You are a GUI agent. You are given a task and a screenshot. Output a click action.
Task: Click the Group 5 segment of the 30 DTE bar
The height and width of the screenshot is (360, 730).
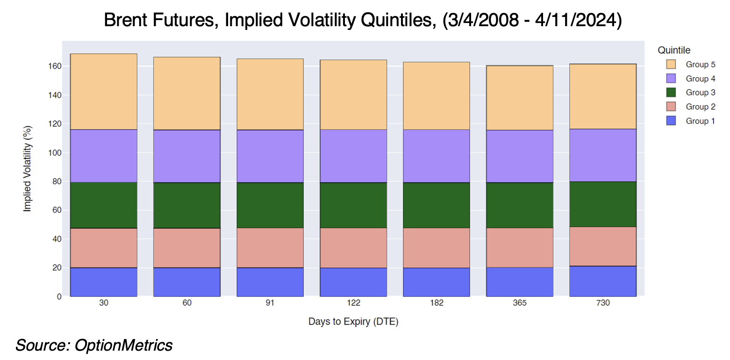click(103, 92)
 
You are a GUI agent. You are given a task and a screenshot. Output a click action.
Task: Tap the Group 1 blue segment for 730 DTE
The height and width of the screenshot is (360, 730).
click(603, 281)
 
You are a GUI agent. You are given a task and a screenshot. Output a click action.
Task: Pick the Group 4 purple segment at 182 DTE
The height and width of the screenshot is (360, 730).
click(436, 156)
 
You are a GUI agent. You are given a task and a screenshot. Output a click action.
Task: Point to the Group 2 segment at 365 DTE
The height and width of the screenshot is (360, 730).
click(520, 248)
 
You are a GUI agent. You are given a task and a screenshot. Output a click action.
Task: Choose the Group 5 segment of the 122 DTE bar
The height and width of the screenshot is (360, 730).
click(353, 94)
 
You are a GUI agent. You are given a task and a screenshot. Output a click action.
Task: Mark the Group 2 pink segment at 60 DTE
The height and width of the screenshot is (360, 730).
click(186, 248)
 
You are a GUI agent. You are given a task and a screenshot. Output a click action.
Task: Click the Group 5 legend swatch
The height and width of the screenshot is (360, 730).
click(671, 65)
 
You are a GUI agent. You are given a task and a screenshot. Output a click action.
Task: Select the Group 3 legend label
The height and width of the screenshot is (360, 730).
click(700, 93)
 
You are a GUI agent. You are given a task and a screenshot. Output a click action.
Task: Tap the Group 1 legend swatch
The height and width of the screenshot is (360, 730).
click(671, 121)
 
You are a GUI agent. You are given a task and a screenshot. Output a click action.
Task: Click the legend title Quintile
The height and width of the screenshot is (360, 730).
click(673, 50)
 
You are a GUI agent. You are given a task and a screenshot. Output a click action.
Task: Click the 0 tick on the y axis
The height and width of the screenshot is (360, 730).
click(59, 296)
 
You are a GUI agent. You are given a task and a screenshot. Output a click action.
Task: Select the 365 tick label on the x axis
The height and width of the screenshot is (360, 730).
click(520, 303)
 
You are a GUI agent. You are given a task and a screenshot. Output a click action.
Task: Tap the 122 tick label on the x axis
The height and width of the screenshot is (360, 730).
click(353, 303)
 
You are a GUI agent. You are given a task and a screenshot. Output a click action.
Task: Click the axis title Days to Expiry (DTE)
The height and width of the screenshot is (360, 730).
click(353, 322)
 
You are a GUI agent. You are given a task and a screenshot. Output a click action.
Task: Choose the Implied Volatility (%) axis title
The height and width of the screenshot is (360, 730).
click(28, 168)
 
